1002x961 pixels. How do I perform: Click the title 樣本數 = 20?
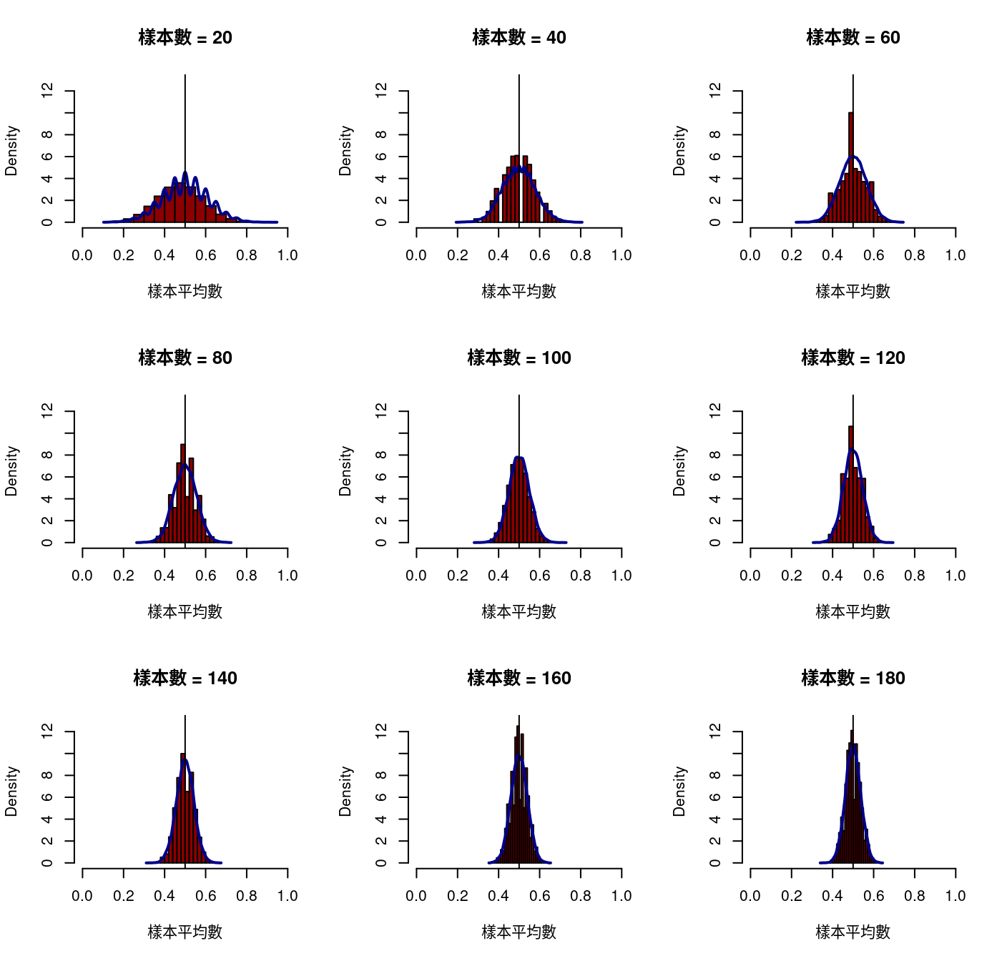point(185,38)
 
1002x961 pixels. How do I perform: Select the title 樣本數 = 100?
point(519,358)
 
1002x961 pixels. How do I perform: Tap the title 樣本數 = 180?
point(853,679)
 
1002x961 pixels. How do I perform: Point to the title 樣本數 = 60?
point(853,38)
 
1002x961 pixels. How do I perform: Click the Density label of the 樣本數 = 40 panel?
point(346,151)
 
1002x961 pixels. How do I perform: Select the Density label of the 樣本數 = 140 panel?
point(12,792)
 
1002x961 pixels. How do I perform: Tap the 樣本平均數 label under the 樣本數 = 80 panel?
point(185,612)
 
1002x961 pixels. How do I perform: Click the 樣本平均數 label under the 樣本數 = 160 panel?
point(519,932)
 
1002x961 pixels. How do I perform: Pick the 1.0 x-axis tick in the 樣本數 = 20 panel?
point(288,255)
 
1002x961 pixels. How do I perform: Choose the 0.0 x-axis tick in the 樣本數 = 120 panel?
point(750,576)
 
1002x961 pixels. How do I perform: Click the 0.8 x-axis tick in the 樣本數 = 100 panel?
point(581,576)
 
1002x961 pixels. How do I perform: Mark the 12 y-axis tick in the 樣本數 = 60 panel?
point(715,89)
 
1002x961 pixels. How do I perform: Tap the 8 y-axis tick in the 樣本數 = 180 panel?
point(715,775)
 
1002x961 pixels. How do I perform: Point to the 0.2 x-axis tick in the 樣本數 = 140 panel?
point(124,896)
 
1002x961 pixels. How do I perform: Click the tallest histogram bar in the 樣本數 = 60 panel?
point(851,168)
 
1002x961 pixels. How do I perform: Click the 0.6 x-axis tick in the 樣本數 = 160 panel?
point(540,896)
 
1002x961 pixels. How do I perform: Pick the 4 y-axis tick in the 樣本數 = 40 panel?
point(381,178)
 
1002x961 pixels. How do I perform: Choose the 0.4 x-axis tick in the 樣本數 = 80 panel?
point(164,576)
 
